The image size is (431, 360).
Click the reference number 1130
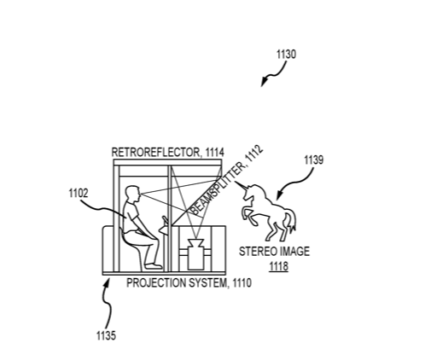click(286, 54)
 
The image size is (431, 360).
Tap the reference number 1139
click(314, 160)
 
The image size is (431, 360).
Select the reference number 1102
click(79, 194)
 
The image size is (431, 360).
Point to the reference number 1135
click(106, 336)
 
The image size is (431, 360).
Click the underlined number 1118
click(279, 266)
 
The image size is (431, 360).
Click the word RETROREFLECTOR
click(156, 153)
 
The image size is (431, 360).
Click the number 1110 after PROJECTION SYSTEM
click(242, 283)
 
